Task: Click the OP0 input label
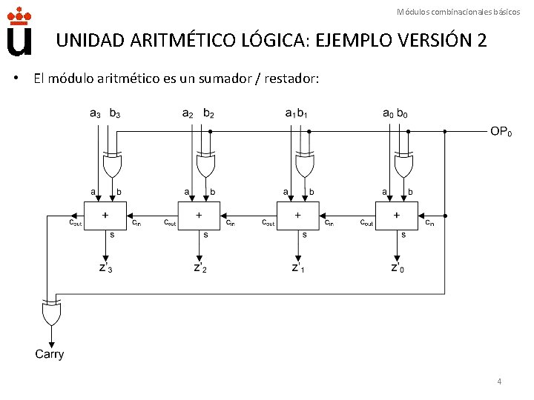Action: pos(501,132)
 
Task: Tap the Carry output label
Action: pos(50,354)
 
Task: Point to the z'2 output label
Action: pos(200,267)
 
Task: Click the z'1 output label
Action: pos(298,267)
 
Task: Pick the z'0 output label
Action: pos(398,267)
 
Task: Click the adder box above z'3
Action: pos(105,216)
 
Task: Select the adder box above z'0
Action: pos(397,216)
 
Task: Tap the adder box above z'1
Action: pos(297,216)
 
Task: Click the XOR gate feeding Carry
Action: pos(51,314)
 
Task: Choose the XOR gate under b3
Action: pos(112,166)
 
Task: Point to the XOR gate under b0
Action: pos(403,166)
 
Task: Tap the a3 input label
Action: pos(96,113)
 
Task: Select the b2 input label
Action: pos(208,113)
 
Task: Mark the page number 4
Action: pos(499,381)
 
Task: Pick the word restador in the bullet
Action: pos(290,79)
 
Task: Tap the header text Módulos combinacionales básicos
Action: pos(458,11)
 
